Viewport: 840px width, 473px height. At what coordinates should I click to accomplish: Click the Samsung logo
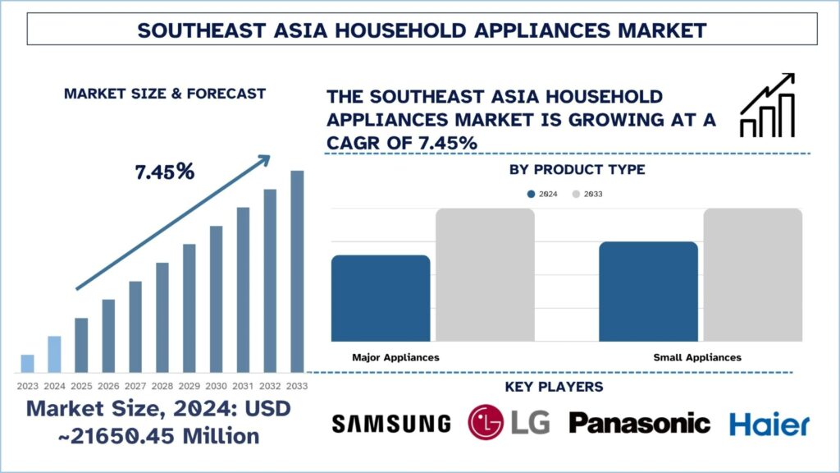tap(391, 424)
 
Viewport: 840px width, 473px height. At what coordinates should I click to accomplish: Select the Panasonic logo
tap(639, 424)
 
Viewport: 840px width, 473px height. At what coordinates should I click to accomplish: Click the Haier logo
tap(769, 424)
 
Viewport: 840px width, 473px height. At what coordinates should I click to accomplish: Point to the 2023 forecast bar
tap(27, 363)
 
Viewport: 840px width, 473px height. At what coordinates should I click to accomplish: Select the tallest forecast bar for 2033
tap(297, 271)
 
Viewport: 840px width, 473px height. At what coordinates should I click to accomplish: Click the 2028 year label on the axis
tap(162, 386)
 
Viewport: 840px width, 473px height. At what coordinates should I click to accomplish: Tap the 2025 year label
tap(81, 386)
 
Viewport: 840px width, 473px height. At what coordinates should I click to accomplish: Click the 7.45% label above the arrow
tap(165, 172)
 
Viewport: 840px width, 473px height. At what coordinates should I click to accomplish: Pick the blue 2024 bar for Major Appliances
tap(381, 298)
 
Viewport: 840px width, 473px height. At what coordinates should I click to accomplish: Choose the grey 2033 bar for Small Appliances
tap(752, 275)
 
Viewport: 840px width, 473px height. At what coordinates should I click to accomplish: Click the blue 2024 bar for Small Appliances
tap(648, 292)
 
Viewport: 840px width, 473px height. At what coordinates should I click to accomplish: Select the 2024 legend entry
tap(543, 195)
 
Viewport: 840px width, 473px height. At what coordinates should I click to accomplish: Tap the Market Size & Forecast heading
tap(165, 94)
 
